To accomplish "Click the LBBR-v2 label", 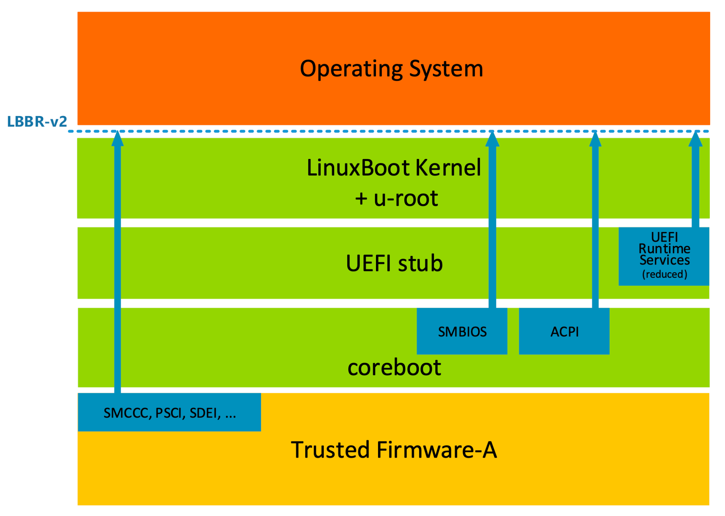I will click(x=37, y=121).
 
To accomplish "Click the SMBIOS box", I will click(x=462, y=331).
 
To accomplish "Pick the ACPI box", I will click(x=564, y=331).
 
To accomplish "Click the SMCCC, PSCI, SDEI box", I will click(x=169, y=412).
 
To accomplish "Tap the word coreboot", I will click(x=394, y=367).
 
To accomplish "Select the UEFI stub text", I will click(x=394, y=263).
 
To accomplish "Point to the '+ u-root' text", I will click(x=396, y=198).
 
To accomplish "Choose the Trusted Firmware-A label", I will click(x=394, y=450).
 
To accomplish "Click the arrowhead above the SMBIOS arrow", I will click(x=492, y=139).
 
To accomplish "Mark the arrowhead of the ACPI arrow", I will click(x=595, y=139).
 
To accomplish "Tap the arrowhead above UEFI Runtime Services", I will click(x=695, y=139).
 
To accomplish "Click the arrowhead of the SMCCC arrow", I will click(x=118, y=139).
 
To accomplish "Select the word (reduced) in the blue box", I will click(x=664, y=274).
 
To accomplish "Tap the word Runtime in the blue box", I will click(x=664, y=249).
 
